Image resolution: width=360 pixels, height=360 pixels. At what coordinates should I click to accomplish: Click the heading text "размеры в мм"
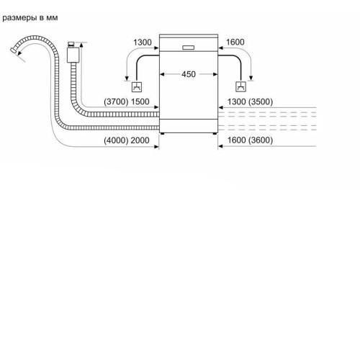tap(30, 18)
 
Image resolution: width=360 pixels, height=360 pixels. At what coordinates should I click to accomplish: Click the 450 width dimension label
tap(189, 74)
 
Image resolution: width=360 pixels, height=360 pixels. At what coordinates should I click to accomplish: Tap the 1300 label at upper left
tap(143, 42)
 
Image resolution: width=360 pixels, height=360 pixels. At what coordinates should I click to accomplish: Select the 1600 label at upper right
tap(235, 42)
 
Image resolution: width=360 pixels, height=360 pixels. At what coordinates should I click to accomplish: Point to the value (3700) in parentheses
tap(116, 102)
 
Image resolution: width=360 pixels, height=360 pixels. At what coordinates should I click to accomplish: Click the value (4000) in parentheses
tap(116, 140)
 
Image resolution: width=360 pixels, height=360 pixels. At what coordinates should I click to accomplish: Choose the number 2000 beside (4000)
tap(140, 140)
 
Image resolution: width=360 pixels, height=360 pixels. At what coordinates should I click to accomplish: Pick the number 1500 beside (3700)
tap(140, 102)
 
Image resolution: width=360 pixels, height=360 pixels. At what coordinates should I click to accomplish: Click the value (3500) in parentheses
tap(261, 102)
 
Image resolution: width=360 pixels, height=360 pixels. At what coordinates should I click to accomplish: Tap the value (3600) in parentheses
tap(261, 140)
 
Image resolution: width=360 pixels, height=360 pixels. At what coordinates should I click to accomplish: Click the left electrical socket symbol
tap(137, 87)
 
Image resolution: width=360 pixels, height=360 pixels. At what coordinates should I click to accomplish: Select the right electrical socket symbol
tap(240, 86)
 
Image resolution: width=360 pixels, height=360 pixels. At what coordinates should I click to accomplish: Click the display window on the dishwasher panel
tap(188, 48)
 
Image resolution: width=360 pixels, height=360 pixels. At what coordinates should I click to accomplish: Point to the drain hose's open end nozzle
tap(14, 50)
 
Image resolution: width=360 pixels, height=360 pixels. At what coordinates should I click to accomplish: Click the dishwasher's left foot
tap(162, 133)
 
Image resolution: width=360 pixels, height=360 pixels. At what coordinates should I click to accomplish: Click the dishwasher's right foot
tap(215, 133)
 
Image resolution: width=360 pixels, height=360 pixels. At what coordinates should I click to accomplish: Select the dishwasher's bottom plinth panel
tap(189, 125)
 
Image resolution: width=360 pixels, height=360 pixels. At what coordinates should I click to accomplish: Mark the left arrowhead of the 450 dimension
tap(162, 74)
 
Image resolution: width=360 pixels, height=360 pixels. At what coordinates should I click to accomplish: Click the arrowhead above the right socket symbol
tap(251, 78)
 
